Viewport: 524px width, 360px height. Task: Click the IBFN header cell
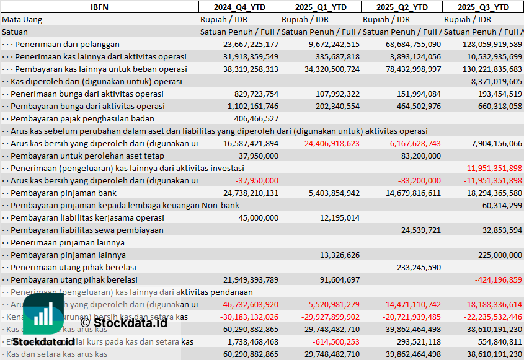pos(99,7)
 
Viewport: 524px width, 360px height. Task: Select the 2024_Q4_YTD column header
pos(239,7)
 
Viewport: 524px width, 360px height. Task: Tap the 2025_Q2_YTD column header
pos(402,7)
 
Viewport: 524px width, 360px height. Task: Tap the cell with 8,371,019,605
pos(496,81)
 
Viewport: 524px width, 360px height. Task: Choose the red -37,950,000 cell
pos(256,180)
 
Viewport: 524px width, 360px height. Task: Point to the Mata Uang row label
pos(22,19)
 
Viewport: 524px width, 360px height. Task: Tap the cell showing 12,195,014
pos(340,217)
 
